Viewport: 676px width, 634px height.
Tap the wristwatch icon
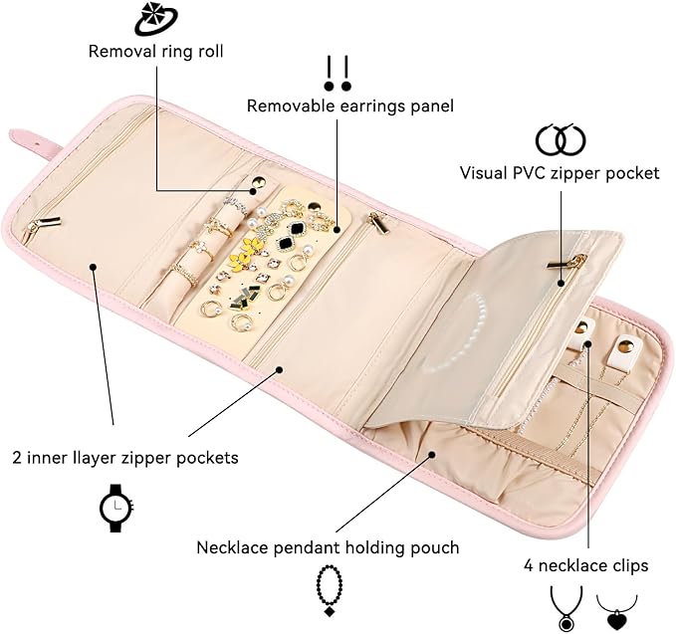coord(116,508)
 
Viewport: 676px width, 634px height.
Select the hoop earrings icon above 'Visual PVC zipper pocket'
coord(561,139)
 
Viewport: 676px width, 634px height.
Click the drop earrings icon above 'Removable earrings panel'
coord(338,74)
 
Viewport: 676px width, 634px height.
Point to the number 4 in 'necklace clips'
coord(529,565)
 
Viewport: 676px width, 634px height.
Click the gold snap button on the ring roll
coord(258,181)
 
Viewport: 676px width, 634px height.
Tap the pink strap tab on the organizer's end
coord(32,141)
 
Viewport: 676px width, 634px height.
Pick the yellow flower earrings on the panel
coord(243,253)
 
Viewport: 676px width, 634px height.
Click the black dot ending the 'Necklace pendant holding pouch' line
coord(432,454)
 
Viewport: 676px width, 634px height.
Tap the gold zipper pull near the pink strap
coord(43,225)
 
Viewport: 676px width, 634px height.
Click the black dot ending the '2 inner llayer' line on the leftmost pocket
coord(94,267)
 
